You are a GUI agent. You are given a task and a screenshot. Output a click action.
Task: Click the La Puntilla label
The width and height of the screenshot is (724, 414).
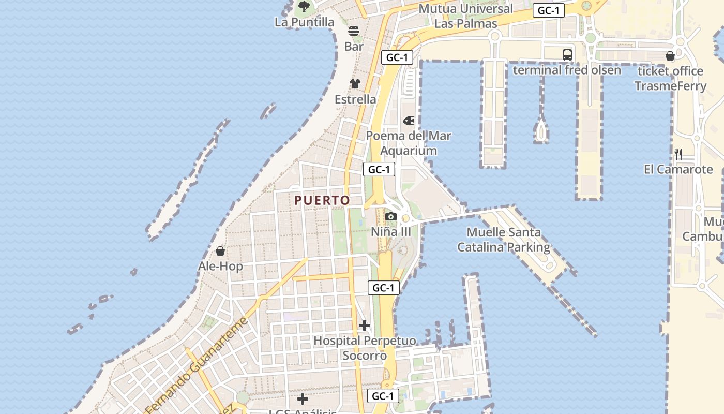pyautogui.click(x=304, y=22)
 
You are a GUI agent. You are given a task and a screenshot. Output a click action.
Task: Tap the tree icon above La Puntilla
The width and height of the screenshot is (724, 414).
pyautogui.click(x=304, y=7)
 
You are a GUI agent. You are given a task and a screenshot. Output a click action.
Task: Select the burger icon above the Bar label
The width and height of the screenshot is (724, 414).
pyautogui.click(x=354, y=31)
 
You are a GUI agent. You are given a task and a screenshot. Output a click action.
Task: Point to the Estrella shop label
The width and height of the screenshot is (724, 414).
pyautogui.click(x=355, y=99)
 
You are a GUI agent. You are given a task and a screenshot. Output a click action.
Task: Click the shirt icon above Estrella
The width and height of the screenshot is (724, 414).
pyautogui.click(x=355, y=84)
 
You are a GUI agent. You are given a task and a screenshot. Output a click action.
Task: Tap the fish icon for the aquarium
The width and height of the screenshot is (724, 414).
pyautogui.click(x=409, y=121)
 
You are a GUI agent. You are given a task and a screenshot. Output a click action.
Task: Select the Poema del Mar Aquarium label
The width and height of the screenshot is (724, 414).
pyautogui.click(x=409, y=143)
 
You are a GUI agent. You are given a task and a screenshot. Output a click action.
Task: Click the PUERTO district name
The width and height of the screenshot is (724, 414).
pyautogui.click(x=322, y=200)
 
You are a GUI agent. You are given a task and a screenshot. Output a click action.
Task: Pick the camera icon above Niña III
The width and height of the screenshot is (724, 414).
pyautogui.click(x=391, y=216)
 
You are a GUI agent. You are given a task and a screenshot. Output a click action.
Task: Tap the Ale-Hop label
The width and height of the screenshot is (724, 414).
pyautogui.click(x=220, y=267)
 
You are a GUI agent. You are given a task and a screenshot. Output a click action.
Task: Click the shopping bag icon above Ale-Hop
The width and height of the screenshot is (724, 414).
pyautogui.click(x=220, y=252)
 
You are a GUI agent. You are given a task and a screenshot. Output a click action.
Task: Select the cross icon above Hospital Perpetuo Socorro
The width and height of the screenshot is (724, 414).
pyautogui.click(x=365, y=326)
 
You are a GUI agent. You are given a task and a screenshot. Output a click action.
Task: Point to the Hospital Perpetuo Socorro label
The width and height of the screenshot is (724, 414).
pyautogui.click(x=365, y=348)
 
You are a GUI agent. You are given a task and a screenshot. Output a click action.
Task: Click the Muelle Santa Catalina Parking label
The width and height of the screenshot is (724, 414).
pyautogui.click(x=504, y=240)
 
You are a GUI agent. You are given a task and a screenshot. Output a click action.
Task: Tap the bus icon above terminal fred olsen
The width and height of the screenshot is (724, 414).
pyautogui.click(x=567, y=54)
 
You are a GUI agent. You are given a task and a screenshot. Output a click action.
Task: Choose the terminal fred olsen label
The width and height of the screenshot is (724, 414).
pyautogui.click(x=567, y=70)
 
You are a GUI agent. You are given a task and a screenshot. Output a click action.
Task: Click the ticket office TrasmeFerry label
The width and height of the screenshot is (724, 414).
pyautogui.click(x=670, y=78)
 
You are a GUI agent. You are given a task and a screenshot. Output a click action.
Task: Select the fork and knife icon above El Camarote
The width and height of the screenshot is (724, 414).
pyautogui.click(x=678, y=154)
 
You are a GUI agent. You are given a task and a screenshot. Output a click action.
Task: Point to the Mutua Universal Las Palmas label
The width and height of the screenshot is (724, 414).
pyautogui.click(x=465, y=16)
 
